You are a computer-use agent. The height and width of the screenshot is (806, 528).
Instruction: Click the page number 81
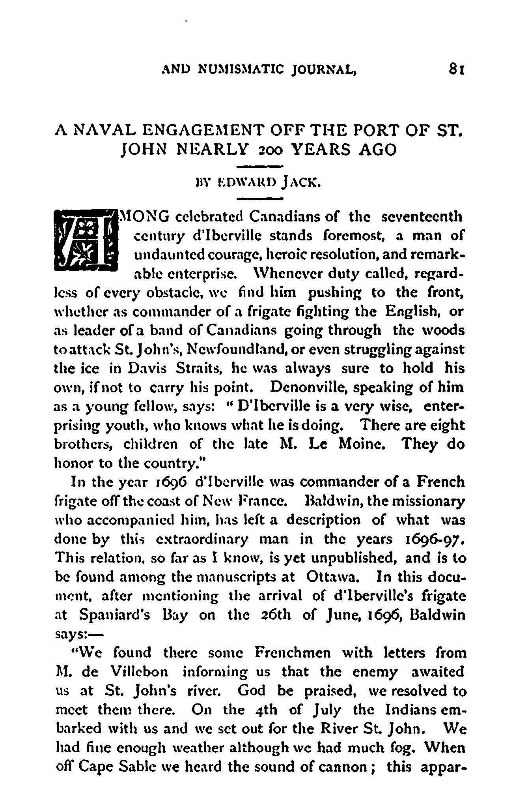point(457,71)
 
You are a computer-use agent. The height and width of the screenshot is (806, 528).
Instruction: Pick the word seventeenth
point(424,217)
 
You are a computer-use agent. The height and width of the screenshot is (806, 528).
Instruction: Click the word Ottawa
point(332,577)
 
